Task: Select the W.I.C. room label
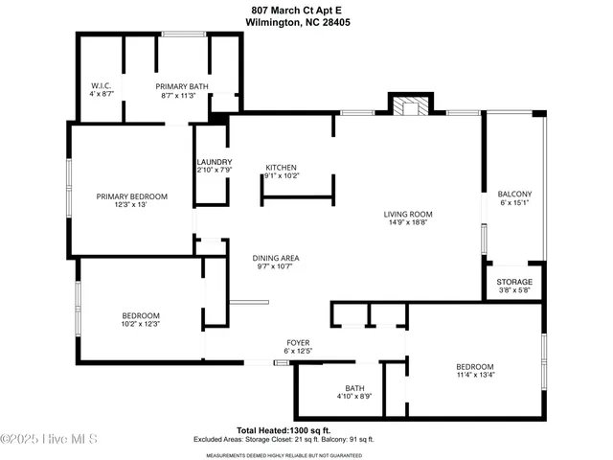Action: tap(102, 85)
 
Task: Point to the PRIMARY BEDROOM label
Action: tap(131, 196)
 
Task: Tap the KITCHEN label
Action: tap(282, 167)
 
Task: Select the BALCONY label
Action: tap(514, 194)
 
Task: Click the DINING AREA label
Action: tap(276, 258)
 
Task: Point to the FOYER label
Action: tap(298, 342)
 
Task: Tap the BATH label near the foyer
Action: tap(354, 388)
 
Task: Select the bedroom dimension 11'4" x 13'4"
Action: tap(474, 377)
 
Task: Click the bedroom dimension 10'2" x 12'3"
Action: tap(140, 325)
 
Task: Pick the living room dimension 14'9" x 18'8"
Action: tap(408, 222)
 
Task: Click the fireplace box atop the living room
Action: tap(409, 106)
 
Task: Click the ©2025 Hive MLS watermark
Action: tap(50, 440)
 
